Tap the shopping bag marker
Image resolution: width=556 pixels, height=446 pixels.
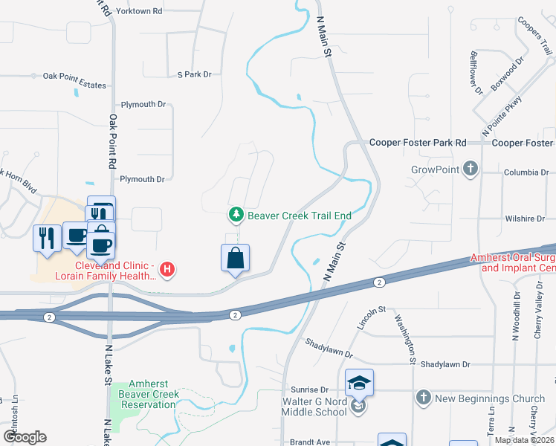235,259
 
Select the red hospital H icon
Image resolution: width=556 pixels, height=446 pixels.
168,269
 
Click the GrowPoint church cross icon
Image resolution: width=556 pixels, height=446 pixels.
469,169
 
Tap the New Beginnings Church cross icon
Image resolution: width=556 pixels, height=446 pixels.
423,398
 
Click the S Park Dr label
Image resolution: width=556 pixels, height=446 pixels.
195,74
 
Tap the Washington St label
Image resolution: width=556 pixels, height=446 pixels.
404,339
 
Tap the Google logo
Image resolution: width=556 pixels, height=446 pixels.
25,437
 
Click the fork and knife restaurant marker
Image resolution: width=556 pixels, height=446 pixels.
46,239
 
